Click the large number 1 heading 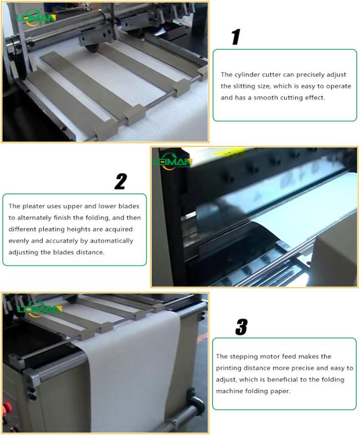pyautogui.click(x=236, y=37)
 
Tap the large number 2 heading pyautogui.click(x=120, y=181)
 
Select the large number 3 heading pyautogui.click(x=241, y=327)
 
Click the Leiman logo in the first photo pyautogui.click(x=36, y=18)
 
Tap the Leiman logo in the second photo pyautogui.click(x=172, y=162)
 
